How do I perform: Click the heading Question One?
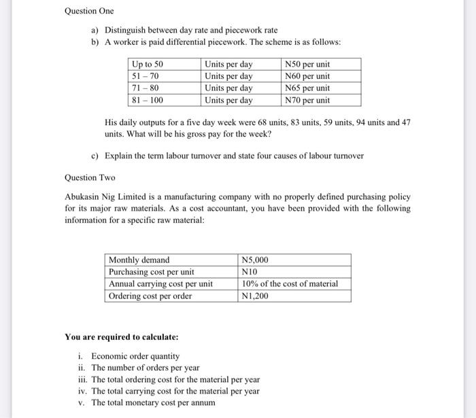coord(89,11)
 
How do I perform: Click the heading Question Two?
coord(90,177)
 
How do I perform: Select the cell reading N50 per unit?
coord(307,64)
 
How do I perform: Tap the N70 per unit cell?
coord(307,100)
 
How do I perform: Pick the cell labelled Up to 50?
coord(148,64)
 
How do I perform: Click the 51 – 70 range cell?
coord(145,76)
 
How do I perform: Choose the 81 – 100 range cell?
coord(148,100)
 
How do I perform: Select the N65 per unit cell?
coord(307,88)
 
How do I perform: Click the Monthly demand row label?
coord(139,260)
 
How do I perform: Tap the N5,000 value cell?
coord(256,260)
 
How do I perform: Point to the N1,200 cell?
coord(256,296)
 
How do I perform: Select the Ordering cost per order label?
coord(150,296)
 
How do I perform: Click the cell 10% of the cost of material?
coord(290,283)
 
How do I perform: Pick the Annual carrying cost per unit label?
coord(160,283)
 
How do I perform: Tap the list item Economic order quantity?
coord(135,356)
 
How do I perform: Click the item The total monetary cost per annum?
coord(153,402)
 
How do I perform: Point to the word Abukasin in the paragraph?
coord(83,196)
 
